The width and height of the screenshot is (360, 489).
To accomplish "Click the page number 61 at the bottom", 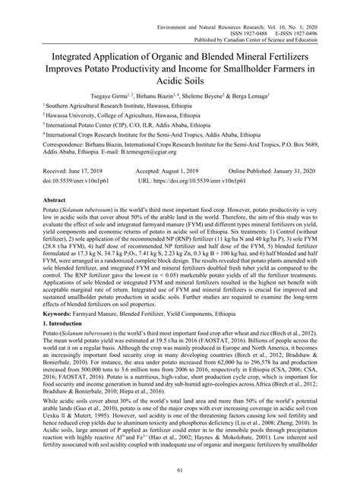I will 180,473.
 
